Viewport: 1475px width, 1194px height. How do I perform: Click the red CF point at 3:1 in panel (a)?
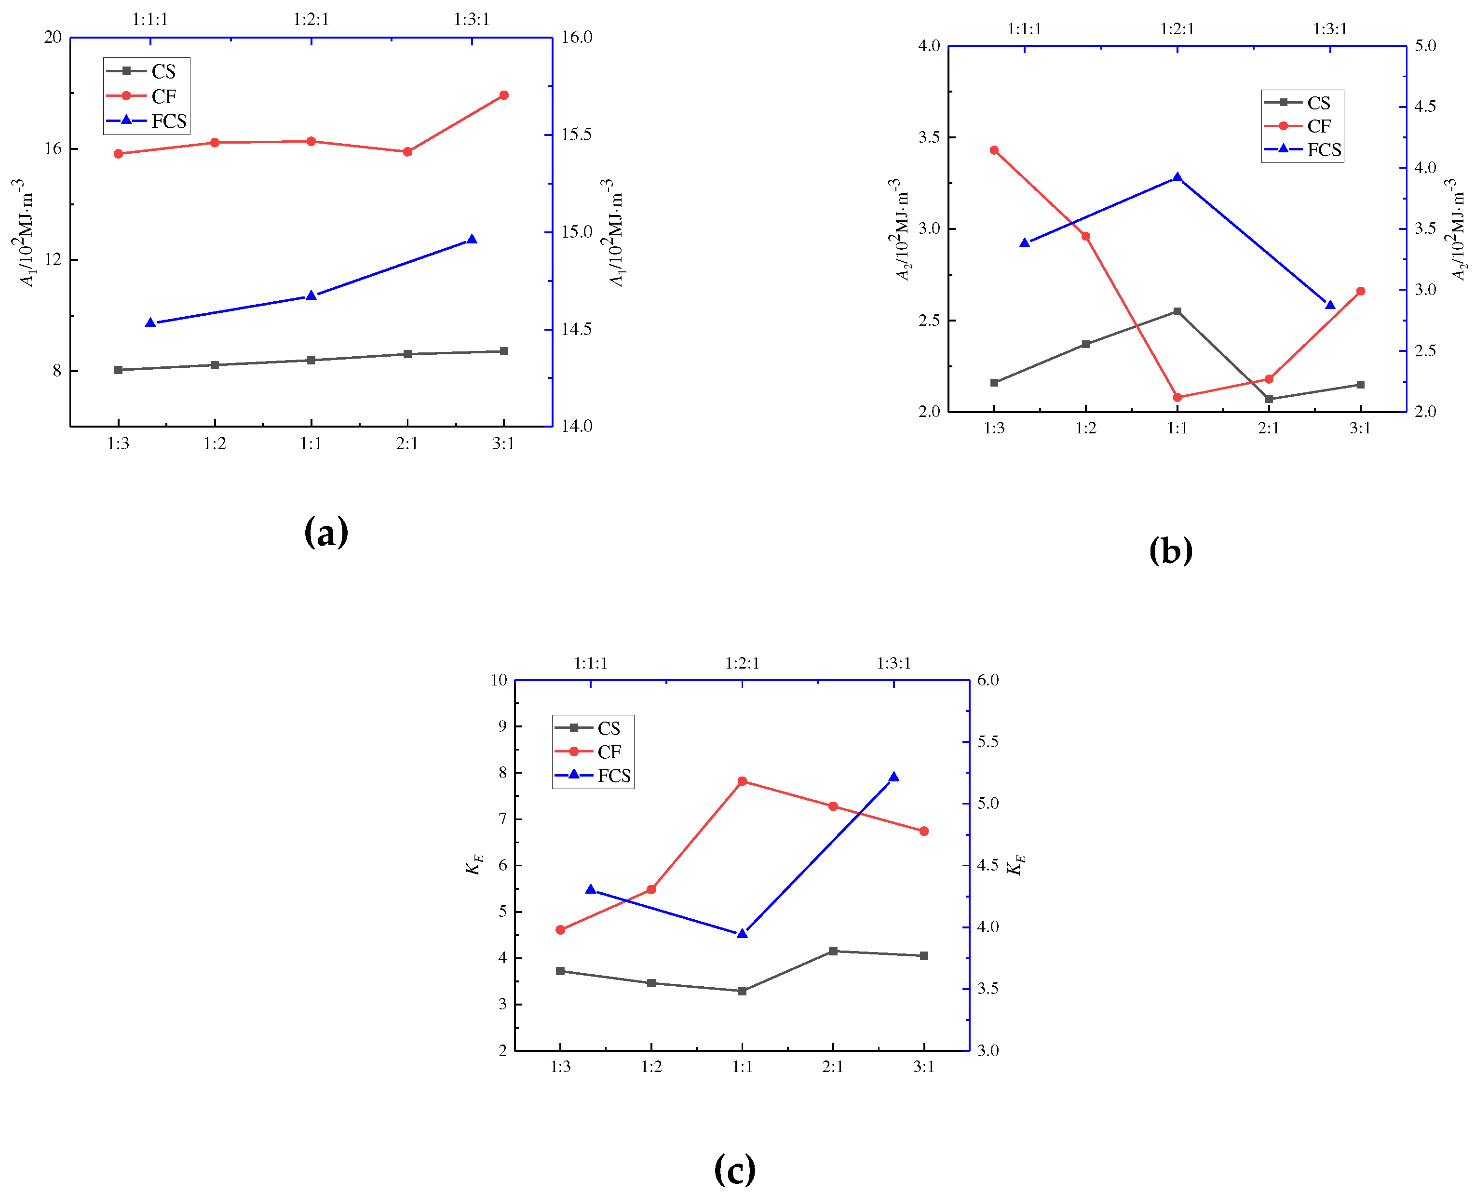pyautogui.click(x=503, y=95)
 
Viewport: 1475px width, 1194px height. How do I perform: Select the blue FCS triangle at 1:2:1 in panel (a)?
pyautogui.click(x=311, y=295)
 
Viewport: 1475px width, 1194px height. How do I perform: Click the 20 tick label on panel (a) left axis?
pyautogui.click(x=53, y=37)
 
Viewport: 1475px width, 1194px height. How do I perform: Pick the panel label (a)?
pyautogui.click(x=326, y=532)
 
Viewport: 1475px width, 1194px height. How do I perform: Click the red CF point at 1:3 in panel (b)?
pyautogui.click(x=994, y=150)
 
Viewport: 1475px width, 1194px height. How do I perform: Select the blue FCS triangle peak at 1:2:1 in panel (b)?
pyautogui.click(x=1177, y=177)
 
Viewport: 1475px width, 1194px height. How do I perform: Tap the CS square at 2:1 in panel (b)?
pyautogui.click(x=1269, y=399)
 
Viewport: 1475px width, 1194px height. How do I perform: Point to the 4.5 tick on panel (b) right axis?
pyautogui.click(x=1425, y=107)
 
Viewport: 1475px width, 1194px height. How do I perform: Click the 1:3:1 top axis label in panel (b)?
pyautogui.click(x=1330, y=29)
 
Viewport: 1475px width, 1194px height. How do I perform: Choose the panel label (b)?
pyautogui.click(x=1170, y=550)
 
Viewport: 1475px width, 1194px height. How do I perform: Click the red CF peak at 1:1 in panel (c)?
pyautogui.click(x=742, y=781)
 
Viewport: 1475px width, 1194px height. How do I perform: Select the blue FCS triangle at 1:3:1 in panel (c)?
pyautogui.click(x=893, y=777)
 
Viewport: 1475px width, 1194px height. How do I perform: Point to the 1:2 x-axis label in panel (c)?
pyautogui.click(x=651, y=1066)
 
